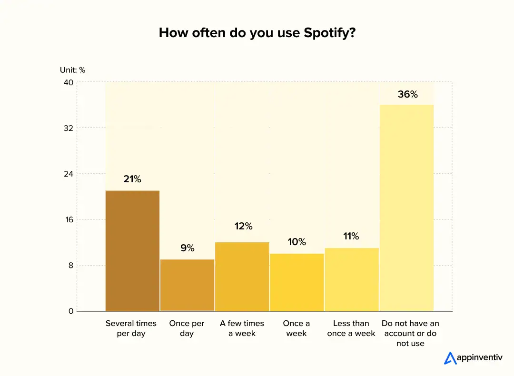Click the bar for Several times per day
[132, 251]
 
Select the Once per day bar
[187, 285]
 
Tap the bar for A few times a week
[242, 277]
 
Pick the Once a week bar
[297, 282]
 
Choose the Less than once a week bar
[351, 279]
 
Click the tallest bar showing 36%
[406, 208]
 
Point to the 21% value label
[132, 179]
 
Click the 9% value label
[187, 248]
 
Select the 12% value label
[243, 227]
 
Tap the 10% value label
[297, 242]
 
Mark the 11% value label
[351, 237]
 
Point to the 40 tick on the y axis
[69, 82]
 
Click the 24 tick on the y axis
[69, 174]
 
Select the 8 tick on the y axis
[71, 266]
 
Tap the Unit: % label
[72, 70]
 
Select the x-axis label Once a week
[297, 328]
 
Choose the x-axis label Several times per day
[131, 328]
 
